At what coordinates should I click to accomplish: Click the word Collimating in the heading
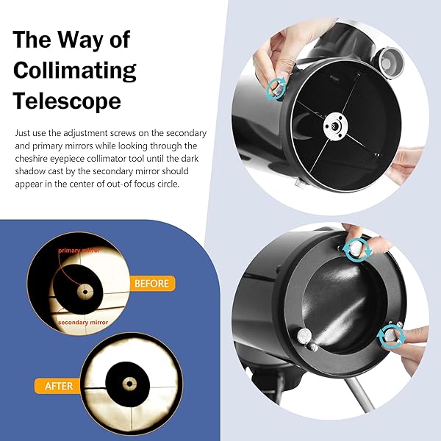pos(74,71)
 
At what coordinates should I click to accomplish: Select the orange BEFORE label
pos(152,283)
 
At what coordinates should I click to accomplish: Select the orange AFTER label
pos(59,386)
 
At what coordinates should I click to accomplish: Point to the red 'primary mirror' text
pos(79,250)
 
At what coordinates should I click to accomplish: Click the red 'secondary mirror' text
pos(83,323)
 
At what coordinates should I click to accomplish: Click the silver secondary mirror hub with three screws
pos(336,126)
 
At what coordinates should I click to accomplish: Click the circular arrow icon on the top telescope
pos(276,89)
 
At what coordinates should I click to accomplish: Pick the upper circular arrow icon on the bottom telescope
pos(357,250)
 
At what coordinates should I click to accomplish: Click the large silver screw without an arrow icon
pos(304,336)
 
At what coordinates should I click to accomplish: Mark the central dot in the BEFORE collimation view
pos(85,292)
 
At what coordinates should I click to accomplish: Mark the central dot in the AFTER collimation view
pos(129,384)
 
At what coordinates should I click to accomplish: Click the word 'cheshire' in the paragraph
pos(31,159)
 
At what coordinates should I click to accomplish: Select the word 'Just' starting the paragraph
pos(22,133)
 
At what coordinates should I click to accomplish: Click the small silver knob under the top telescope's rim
pos(300,184)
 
